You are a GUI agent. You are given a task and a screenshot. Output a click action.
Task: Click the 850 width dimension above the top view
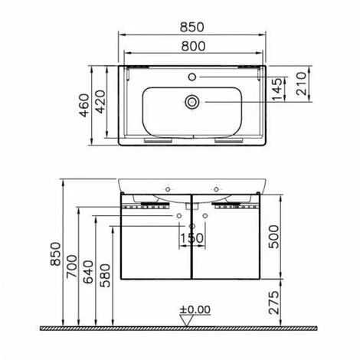(192, 28)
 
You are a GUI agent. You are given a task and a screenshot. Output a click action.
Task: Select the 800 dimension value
(193, 46)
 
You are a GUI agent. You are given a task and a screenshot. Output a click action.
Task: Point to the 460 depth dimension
(84, 105)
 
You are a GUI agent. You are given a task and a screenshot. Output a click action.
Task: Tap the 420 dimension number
(100, 102)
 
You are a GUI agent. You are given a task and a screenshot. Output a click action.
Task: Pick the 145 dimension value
(278, 90)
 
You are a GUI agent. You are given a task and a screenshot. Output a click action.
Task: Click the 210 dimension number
(301, 83)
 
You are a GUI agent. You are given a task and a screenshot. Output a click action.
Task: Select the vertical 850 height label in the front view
(55, 254)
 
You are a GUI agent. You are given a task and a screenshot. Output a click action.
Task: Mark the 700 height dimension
(72, 267)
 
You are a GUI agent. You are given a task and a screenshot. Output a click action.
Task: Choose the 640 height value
(89, 272)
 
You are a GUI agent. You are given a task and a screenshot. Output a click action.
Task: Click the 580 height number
(105, 276)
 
